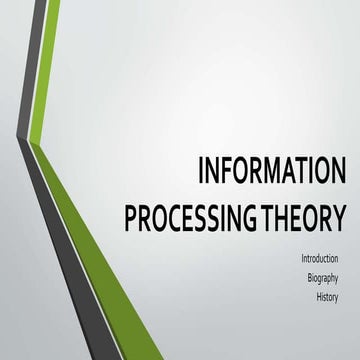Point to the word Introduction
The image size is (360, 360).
[x=319, y=259]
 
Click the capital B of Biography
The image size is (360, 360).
[x=309, y=279]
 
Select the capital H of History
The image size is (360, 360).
[x=319, y=298]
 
